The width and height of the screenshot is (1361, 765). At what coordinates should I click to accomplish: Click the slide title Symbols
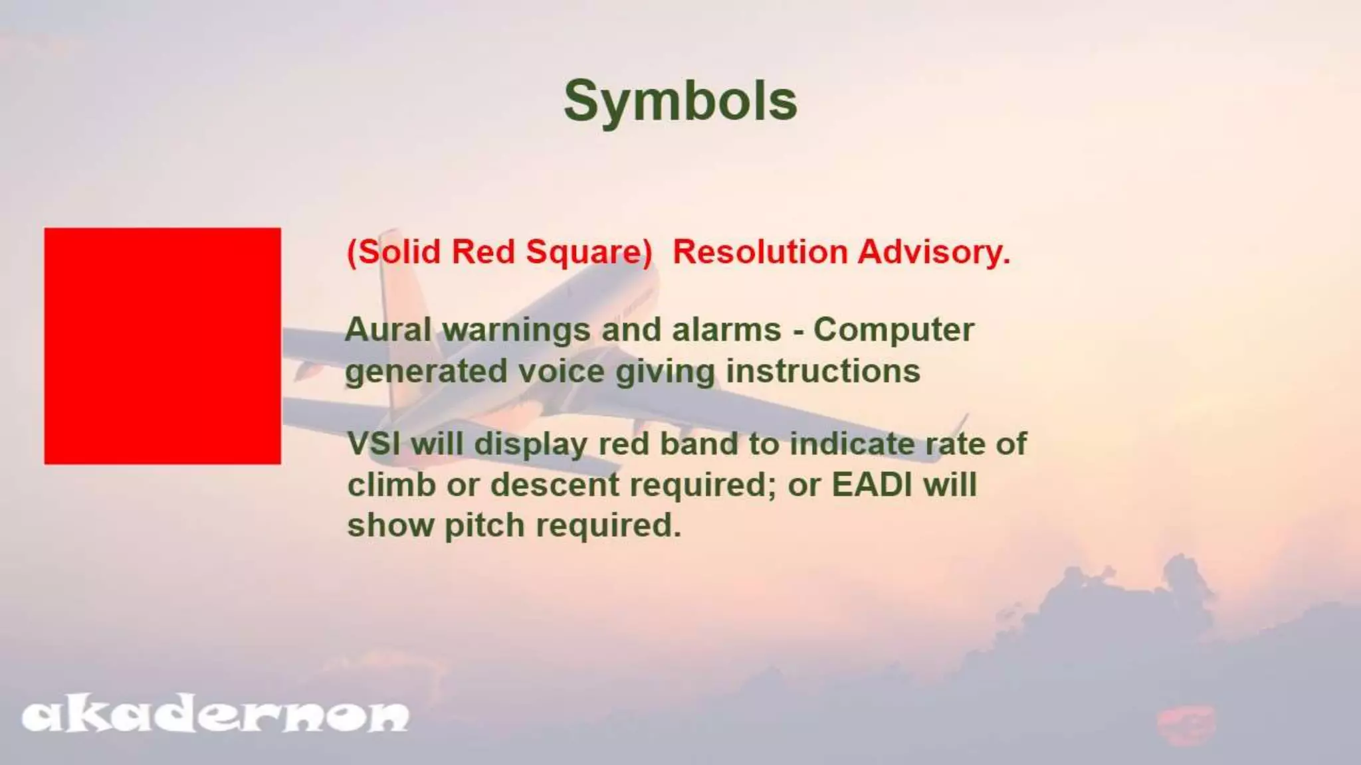pos(680,102)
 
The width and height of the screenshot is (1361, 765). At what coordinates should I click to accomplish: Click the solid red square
pos(162,345)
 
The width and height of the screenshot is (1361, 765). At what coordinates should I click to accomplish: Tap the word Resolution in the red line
pos(760,252)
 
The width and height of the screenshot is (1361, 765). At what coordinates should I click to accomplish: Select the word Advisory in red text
pos(932,252)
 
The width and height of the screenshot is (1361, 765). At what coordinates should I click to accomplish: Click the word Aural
pos(388,329)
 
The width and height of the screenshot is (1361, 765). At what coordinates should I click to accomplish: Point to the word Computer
pos(893,331)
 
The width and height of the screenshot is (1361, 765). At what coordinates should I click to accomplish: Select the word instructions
pos(823,371)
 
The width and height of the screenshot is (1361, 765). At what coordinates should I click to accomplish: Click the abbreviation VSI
pos(374,444)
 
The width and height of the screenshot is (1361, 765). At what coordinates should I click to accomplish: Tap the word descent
pos(555,485)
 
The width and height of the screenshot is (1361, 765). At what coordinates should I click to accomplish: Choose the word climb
pos(391,485)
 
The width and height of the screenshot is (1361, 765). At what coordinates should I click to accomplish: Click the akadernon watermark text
pos(215,716)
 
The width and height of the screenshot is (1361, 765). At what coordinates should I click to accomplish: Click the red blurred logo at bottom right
pos(1186,724)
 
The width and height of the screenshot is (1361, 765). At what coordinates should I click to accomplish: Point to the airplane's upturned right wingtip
pos(962,425)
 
